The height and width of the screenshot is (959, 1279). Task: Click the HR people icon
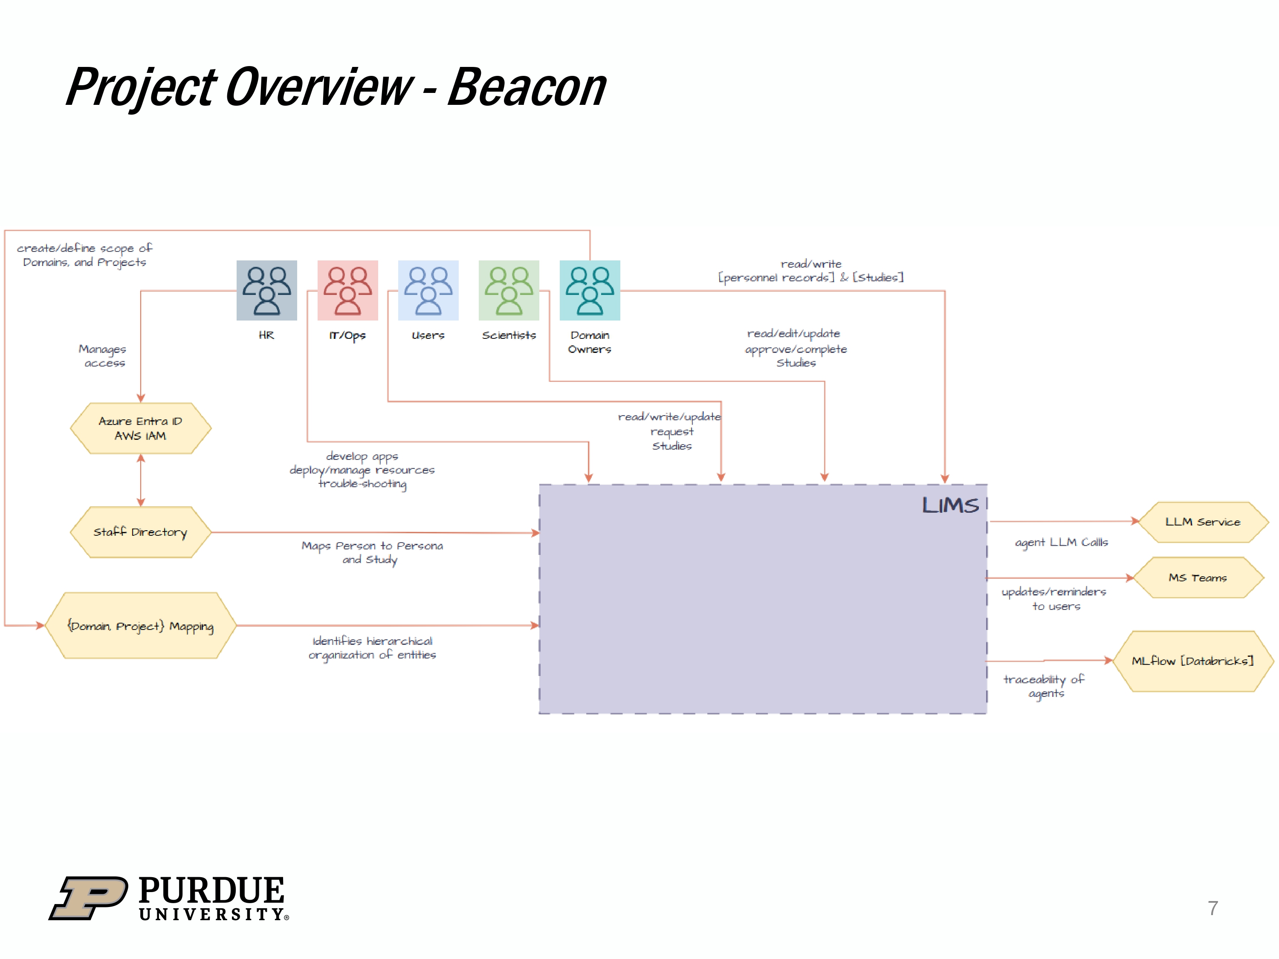266,290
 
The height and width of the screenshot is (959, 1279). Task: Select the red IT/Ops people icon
347,290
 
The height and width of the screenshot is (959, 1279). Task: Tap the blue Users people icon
428,290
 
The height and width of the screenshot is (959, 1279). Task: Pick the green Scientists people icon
509,290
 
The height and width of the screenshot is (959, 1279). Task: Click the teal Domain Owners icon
590,290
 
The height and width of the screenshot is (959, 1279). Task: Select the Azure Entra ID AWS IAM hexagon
141,428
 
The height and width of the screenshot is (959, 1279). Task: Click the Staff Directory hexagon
141,532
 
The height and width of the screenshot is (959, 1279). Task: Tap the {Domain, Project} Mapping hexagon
141,625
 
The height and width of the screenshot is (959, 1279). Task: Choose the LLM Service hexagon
1202,522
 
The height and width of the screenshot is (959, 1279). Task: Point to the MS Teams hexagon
1198,578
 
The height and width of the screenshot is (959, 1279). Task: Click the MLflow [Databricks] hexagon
1192,661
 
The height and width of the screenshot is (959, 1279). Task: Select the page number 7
1212,908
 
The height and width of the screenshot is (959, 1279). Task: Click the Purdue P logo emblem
89,897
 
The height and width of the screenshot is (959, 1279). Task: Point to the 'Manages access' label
103,356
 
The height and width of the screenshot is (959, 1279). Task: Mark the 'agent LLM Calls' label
1062,542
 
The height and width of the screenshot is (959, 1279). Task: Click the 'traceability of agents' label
1044,686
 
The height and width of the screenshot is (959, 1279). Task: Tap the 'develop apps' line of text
362,456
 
